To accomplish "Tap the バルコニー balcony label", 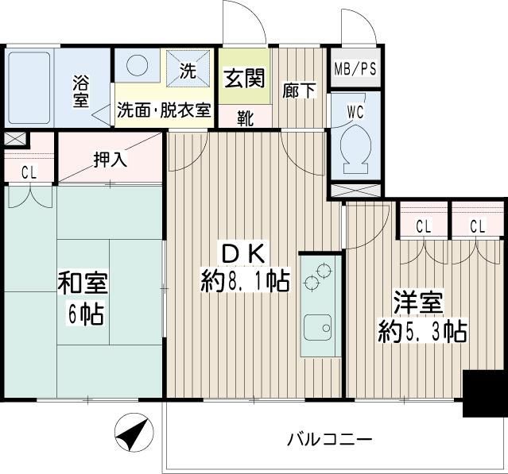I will tap(328, 439).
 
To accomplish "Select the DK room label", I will tap(245, 254).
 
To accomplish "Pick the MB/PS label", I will tap(354, 68).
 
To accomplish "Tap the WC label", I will tap(355, 111).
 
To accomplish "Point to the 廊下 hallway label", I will tap(299, 91).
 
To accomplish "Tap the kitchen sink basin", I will tap(319, 327).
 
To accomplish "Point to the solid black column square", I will tap(483, 395).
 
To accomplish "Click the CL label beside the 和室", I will tap(29, 171).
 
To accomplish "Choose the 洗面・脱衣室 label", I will tap(165, 110).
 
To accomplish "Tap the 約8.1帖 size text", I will tap(245, 283).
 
